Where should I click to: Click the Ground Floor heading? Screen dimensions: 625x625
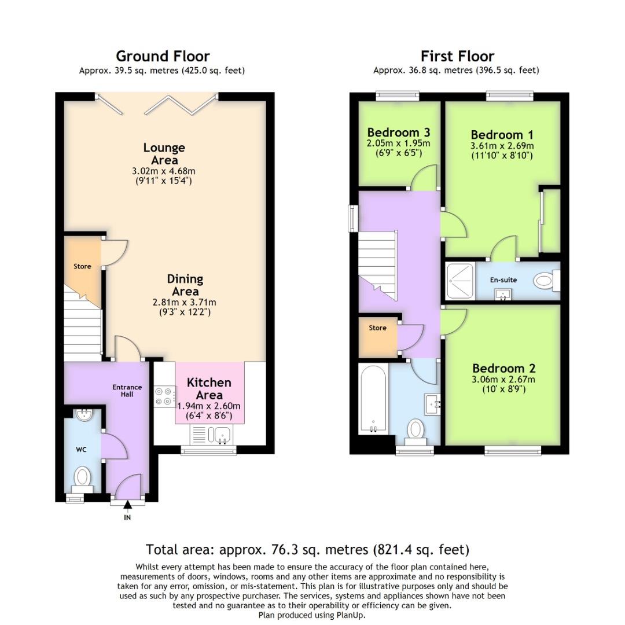(163, 56)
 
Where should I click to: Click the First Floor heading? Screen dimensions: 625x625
(457, 56)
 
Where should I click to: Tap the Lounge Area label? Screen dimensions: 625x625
(164, 153)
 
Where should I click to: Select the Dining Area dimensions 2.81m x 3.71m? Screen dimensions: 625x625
(185, 302)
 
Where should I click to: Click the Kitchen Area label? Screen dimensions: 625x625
(209, 388)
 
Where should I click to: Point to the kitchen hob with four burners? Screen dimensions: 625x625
(164, 396)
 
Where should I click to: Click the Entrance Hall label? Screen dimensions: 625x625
(127, 391)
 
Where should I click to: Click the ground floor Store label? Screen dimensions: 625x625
(82, 267)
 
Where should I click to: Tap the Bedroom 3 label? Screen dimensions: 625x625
(398, 132)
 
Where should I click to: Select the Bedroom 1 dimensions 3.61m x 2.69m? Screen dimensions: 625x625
(502, 146)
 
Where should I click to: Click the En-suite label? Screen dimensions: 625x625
(503, 280)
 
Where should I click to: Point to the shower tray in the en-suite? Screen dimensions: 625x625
(460, 281)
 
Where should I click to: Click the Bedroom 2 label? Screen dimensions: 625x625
(503, 369)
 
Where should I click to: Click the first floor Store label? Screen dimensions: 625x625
(377, 328)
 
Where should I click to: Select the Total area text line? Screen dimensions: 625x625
(307, 549)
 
